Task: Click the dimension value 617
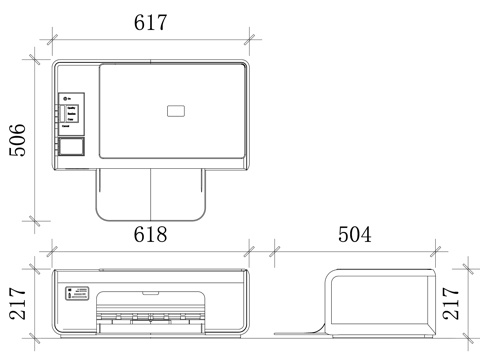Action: (150, 23)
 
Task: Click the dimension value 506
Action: (17, 140)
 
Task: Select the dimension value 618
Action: (150, 234)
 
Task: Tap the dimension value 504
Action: (355, 234)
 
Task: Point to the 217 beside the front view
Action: (17, 304)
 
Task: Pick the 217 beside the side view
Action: (451, 304)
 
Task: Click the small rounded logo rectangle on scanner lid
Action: (176, 111)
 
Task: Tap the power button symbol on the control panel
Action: (66, 99)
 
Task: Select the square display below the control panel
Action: (71, 147)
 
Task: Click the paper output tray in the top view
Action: (151, 195)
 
